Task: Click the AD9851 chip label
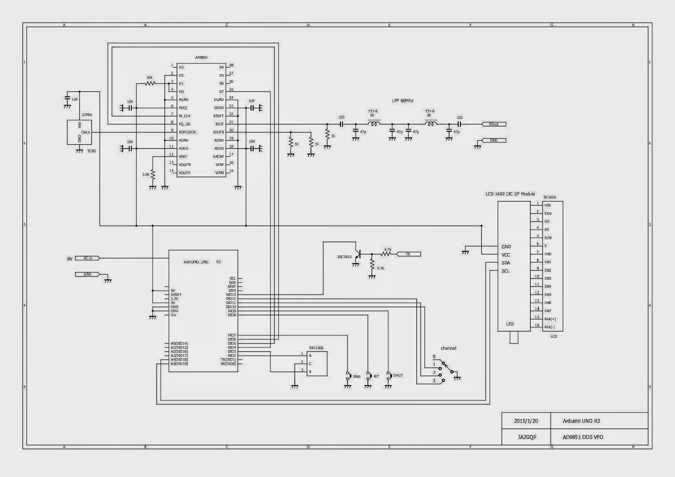pyautogui.click(x=201, y=57)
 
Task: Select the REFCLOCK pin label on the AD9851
pyautogui.click(x=187, y=132)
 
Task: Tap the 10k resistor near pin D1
pyautogui.click(x=150, y=84)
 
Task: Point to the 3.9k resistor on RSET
pyautogui.click(x=153, y=174)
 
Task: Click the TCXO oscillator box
pyautogui.click(x=79, y=132)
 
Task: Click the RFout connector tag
pyautogui.click(x=494, y=124)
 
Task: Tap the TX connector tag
pyautogui.click(x=408, y=254)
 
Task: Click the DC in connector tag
pyautogui.click(x=88, y=258)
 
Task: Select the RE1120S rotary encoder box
pyautogui.click(x=316, y=364)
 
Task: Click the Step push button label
pyautogui.click(x=356, y=376)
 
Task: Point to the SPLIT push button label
pyautogui.click(x=398, y=375)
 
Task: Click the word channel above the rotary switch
pyautogui.click(x=448, y=348)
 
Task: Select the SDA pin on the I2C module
pyautogui.click(x=505, y=263)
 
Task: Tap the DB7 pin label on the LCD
pyautogui.click(x=548, y=311)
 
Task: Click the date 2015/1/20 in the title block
pyautogui.click(x=526, y=421)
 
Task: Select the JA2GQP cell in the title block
pyautogui.click(x=526, y=437)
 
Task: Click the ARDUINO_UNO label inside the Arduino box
pyautogui.click(x=196, y=262)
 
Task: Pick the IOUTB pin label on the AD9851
pyautogui.click(x=219, y=132)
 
